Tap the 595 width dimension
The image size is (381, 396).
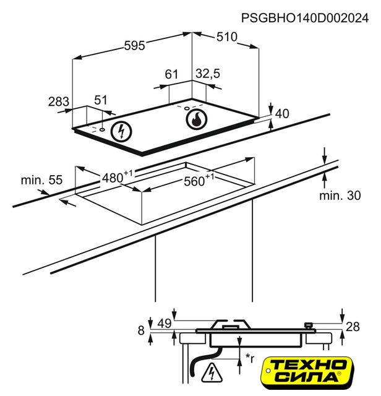(x=134, y=45)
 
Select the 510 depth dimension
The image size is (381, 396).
(x=226, y=37)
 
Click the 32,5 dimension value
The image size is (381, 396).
(x=208, y=74)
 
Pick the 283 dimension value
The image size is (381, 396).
(x=59, y=101)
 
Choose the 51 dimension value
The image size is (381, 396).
(x=100, y=100)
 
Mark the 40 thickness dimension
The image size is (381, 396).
(x=282, y=113)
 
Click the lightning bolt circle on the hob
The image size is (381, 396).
(x=121, y=131)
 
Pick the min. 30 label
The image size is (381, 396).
(x=340, y=196)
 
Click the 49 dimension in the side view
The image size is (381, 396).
(x=164, y=323)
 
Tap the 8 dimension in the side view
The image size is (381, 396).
(x=141, y=331)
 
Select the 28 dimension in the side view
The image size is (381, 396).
(x=352, y=327)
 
